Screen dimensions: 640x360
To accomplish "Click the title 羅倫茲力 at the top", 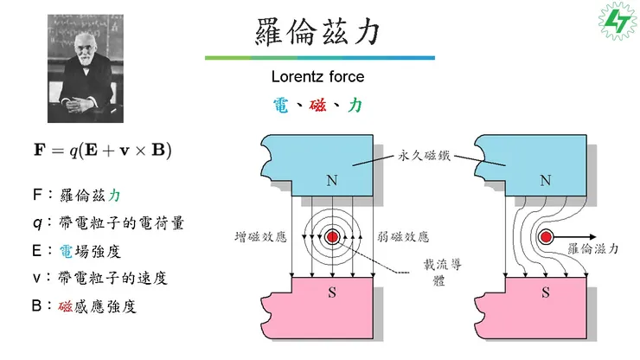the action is pos(318,31).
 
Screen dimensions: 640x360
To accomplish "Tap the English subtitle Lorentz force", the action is pos(317,76).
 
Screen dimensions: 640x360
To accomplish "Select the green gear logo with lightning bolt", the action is pos(618,21).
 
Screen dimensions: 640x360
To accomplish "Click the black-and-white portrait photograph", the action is pos(86,68).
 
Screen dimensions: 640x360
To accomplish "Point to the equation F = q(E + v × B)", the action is pos(102,150).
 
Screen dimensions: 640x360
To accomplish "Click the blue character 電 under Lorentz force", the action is pos(281,106).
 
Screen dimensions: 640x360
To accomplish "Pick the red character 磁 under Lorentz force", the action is pos(317,106).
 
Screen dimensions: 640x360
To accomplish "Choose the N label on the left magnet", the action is pos(332,180).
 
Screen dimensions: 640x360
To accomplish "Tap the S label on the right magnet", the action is pos(546,292).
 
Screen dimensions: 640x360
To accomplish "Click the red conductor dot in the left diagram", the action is pos(333,237).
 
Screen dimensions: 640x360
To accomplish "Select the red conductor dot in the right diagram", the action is pos(546,237).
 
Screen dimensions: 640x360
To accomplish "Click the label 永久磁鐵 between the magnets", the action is pos(424,155).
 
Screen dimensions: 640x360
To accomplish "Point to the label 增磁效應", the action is pos(261,237).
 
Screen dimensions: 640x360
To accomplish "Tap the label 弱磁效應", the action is pos(403,237).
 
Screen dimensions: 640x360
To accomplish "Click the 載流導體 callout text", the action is pos(442,272).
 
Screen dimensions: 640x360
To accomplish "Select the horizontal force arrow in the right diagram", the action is pos(574,237).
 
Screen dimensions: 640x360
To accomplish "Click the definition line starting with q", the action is pos(109,223).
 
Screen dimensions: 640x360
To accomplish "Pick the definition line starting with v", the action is pos(100,279).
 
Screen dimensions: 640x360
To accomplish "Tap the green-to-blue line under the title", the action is pos(320,58).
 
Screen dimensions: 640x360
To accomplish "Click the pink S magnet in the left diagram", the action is pos(317,308).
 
